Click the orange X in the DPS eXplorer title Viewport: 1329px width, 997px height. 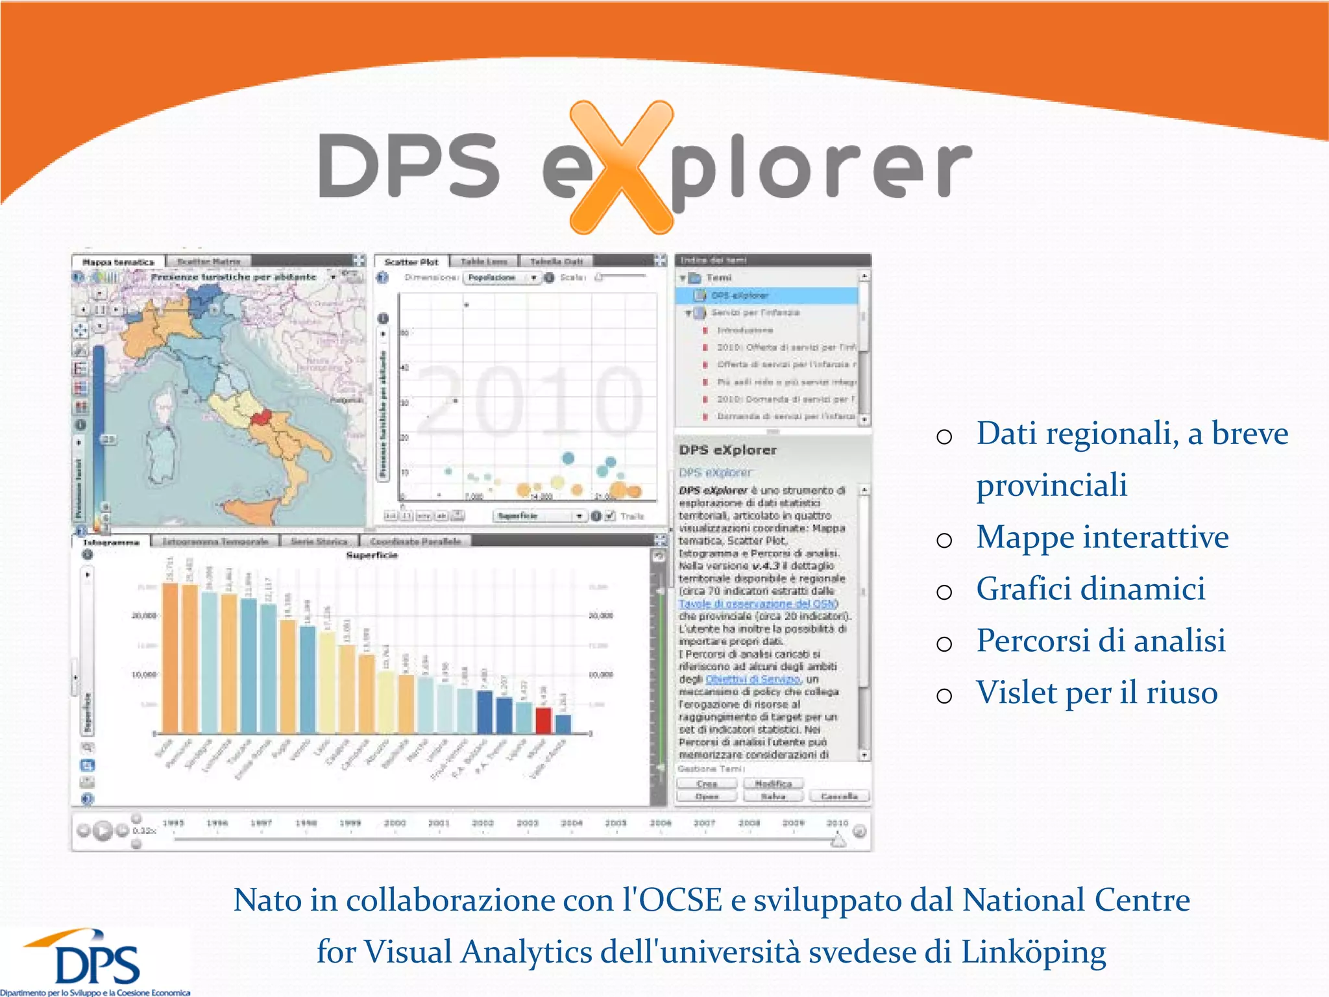tap(621, 167)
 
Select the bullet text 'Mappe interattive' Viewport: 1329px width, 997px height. tap(1102, 537)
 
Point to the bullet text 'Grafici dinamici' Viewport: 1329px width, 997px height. tap(1090, 589)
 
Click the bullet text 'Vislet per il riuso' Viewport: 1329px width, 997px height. tap(1097, 693)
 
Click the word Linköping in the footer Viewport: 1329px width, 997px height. tap(1033, 952)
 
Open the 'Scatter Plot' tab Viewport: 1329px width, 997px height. tap(411, 262)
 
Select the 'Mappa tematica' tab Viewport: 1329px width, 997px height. tap(118, 262)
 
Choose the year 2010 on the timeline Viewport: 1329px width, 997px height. tap(837, 823)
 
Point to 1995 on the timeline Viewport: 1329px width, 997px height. tap(173, 823)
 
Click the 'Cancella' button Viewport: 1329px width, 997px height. tap(838, 796)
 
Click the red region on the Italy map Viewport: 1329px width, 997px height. tap(262, 417)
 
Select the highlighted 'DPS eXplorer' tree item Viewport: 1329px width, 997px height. tap(740, 295)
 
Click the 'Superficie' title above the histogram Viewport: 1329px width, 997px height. tap(372, 556)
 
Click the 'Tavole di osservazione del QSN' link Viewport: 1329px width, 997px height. tap(758, 604)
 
